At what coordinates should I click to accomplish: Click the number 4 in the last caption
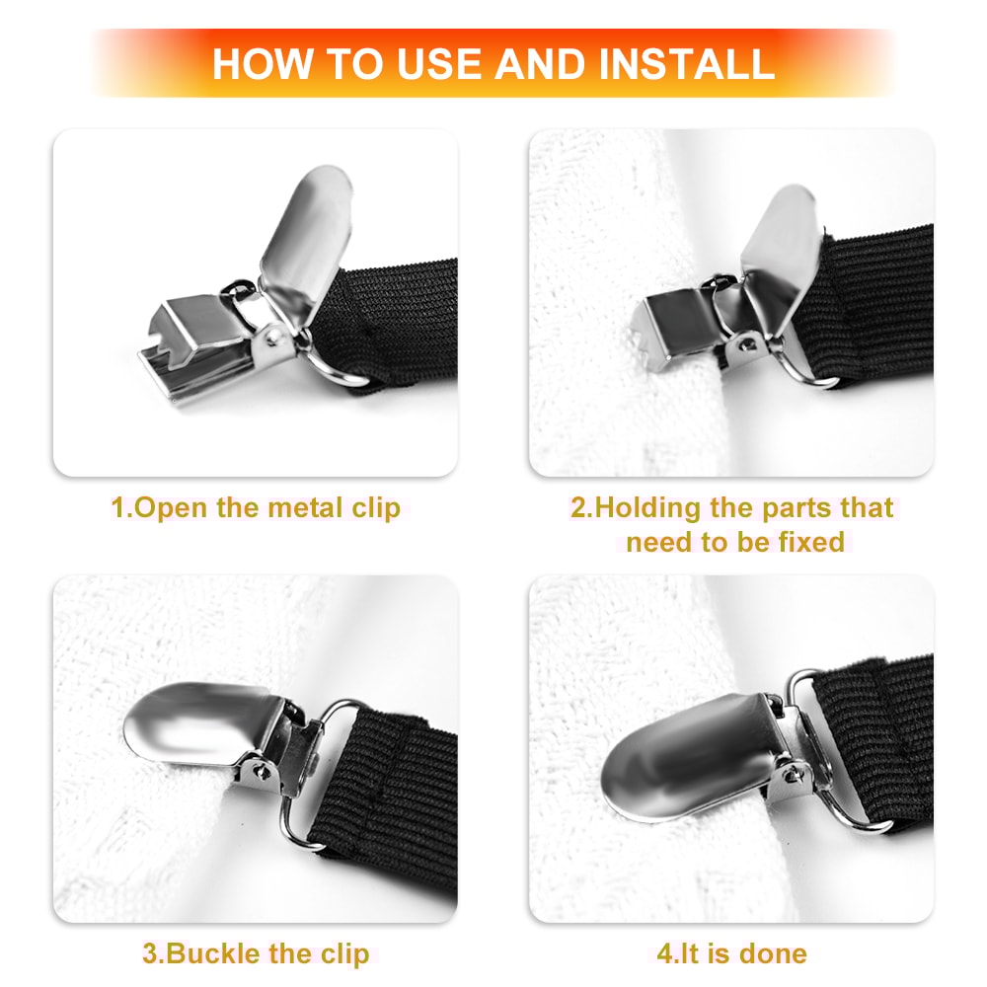click(x=663, y=953)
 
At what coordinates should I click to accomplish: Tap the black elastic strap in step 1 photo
click(x=405, y=316)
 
